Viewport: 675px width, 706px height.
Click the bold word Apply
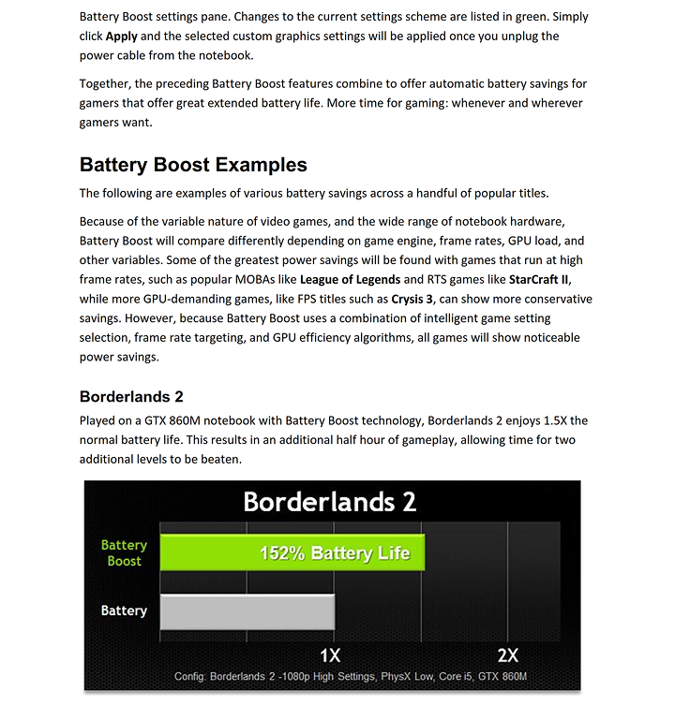tap(121, 36)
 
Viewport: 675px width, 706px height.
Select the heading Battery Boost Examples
tap(193, 165)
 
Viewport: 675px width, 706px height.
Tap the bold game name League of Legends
tap(349, 280)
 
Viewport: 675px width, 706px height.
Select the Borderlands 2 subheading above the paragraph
tap(138, 396)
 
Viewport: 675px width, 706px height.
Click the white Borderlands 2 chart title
tap(329, 502)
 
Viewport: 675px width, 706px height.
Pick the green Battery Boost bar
tap(292, 552)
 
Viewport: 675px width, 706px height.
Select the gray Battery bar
tap(247, 610)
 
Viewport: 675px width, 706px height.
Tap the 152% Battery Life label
tap(335, 553)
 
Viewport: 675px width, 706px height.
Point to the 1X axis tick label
tap(330, 655)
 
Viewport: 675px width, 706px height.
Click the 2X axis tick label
tap(507, 655)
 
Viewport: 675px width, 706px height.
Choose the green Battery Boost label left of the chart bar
tap(124, 552)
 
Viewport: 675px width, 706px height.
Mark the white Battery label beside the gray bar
tap(124, 610)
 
